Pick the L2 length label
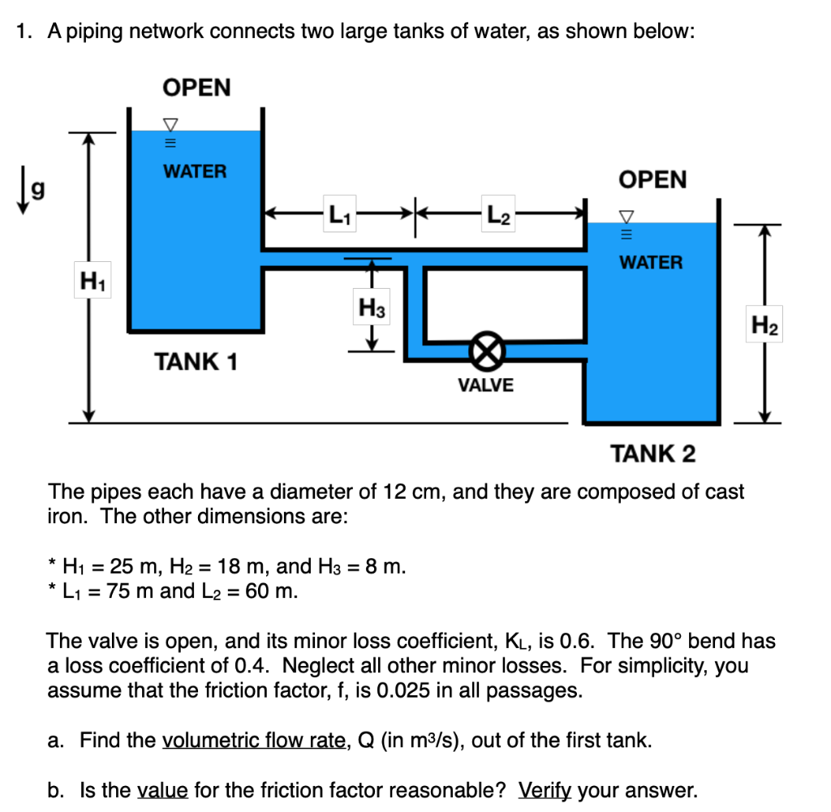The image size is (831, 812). [x=497, y=216]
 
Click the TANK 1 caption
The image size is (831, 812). [x=196, y=361]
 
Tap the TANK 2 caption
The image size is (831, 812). [x=653, y=453]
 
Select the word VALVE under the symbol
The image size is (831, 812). [x=485, y=385]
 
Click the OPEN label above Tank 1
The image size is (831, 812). [x=196, y=88]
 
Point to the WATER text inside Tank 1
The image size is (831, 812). [x=195, y=172]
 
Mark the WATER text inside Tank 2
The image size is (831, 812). [x=651, y=263]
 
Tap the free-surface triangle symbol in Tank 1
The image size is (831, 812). [x=170, y=123]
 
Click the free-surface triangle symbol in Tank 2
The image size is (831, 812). [x=626, y=216]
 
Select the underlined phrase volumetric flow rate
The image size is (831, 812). [x=254, y=740]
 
